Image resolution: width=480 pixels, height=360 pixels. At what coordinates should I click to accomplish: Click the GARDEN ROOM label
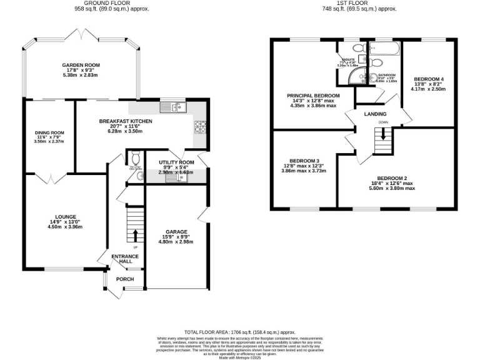tap(81, 65)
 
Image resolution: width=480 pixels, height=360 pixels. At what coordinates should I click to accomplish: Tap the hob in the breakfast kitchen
tap(201, 127)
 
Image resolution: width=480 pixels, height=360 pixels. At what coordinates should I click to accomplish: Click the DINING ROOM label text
tap(49, 132)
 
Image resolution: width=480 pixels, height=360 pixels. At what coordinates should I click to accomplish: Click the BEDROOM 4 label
tap(427, 79)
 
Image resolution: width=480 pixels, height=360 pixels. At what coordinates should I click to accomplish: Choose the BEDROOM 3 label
tap(296, 161)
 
